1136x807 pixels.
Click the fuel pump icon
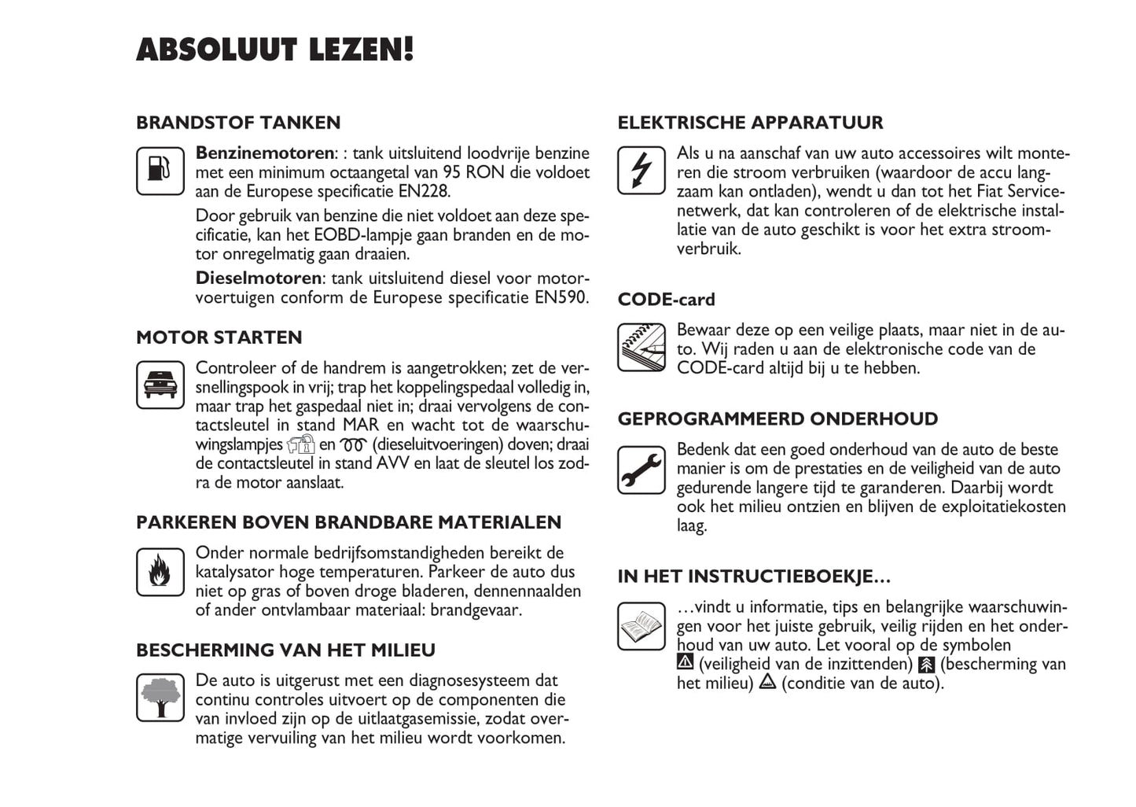(160, 171)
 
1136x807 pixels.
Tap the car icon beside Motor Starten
(160, 385)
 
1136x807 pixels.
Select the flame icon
(160, 571)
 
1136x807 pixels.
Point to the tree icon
(160, 698)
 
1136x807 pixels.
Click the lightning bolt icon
(642, 170)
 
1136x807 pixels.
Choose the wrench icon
(642, 470)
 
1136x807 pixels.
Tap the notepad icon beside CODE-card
(642, 347)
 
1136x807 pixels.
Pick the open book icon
(642, 626)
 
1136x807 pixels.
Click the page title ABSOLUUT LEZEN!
(274, 50)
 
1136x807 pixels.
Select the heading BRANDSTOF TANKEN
(238, 123)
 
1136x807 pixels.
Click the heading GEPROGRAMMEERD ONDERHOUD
(778, 419)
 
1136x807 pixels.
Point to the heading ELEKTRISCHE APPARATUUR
(750, 123)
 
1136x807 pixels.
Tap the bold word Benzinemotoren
(265, 153)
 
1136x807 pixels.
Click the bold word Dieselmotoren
(258, 278)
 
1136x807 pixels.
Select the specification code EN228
(425, 191)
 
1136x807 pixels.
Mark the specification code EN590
(561, 298)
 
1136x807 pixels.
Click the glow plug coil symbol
(354, 445)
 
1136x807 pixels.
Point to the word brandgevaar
(474, 610)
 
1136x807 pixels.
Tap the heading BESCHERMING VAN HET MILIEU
(285, 650)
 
